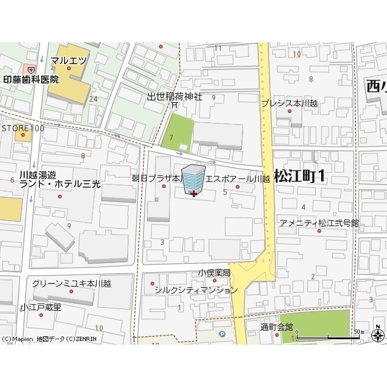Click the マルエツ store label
click(70, 60)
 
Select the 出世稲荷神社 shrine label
click(175, 97)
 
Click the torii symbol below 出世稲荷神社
click(174, 105)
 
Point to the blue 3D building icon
click(193, 180)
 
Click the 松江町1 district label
click(299, 176)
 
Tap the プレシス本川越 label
click(289, 103)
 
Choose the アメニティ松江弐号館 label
click(319, 223)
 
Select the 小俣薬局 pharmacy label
click(214, 273)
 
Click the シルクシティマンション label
click(196, 290)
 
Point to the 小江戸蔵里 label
click(41, 307)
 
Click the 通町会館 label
click(276, 327)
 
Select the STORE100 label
click(22, 128)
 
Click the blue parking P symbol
click(221, 333)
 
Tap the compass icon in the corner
click(379, 335)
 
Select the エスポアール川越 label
click(238, 178)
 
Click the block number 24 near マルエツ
click(93, 99)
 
